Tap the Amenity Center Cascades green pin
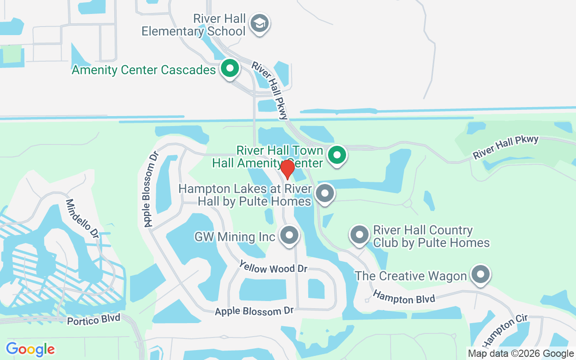[x=230, y=69]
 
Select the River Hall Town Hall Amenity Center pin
[x=337, y=155]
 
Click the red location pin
[x=287, y=169]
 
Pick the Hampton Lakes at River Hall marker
[x=325, y=194]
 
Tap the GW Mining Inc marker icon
[x=289, y=235]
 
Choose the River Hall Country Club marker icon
[x=360, y=235]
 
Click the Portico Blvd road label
[x=94, y=319]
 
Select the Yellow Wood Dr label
[x=273, y=267]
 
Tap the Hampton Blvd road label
[x=404, y=297]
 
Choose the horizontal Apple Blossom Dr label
[x=254, y=311]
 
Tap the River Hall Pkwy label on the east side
[x=505, y=147]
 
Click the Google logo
[x=30, y=349]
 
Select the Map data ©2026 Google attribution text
[x=520, y=354]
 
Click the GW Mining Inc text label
[x=234, y=237]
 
